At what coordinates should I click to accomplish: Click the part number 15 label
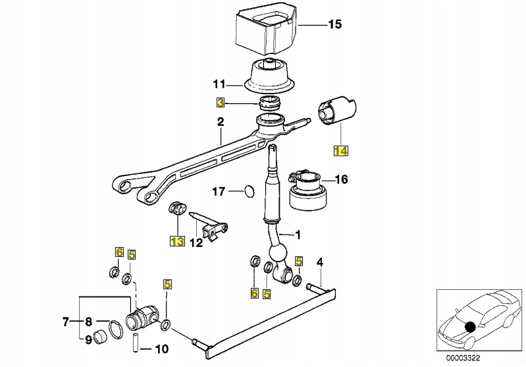point(335,25)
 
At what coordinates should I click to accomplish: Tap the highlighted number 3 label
point(221,103)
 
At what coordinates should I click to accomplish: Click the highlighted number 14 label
point(340,150)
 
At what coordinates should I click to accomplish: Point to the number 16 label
point(341,179)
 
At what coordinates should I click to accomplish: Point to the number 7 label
point(66,322)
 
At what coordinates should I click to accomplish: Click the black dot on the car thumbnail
point(469,326)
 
